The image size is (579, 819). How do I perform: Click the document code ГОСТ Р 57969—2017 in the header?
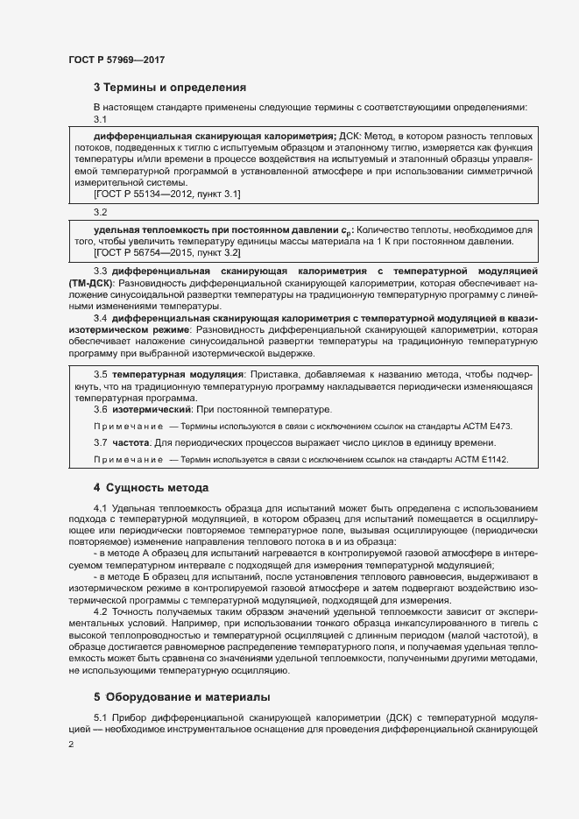coord(117,60)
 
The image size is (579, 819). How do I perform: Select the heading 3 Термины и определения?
coord(169,88)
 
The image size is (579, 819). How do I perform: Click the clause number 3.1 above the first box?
coord(100,120)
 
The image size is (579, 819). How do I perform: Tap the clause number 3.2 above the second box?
coord(100,211)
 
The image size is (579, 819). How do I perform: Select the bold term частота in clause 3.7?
coord(131,442)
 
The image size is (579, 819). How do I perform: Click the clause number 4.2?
coord(101,611)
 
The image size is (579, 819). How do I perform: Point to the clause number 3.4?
coord(101,318)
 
